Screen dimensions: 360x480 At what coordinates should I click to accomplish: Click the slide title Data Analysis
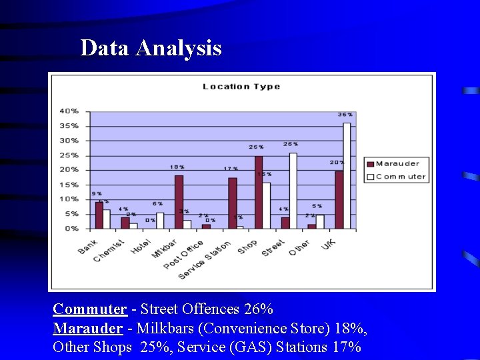151,48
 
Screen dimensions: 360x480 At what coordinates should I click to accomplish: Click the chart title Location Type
241,86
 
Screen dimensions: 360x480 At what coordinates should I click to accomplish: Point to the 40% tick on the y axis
69,111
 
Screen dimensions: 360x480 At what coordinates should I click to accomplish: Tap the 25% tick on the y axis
69,155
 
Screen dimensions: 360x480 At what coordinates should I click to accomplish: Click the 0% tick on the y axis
71,229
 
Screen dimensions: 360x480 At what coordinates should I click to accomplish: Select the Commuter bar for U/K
347,175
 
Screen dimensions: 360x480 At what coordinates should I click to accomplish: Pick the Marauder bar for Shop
259,192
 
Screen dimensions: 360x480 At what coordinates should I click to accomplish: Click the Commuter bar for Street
293,191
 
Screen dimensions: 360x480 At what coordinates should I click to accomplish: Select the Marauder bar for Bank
99,215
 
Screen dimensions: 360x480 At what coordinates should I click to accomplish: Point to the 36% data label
345,115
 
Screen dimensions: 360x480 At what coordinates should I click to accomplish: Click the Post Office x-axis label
183,255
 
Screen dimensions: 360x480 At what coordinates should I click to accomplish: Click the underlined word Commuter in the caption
89,309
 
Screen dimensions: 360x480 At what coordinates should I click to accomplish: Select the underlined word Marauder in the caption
87,329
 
